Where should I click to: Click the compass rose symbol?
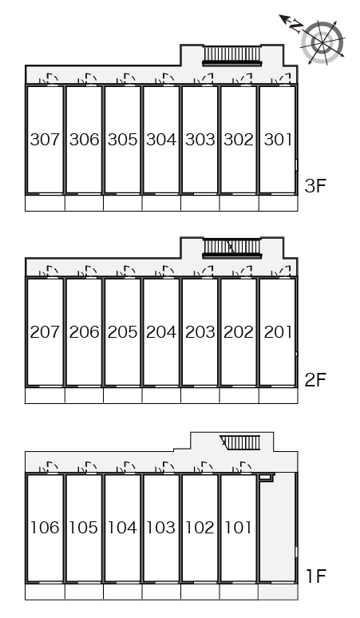coord(322,42)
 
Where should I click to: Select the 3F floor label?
coord(315,185)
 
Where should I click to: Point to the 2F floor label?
coord(315,379)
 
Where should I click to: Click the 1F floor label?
coord(316,576)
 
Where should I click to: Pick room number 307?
coord(45,140)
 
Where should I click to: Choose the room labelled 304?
coord(161,140)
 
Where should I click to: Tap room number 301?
coord(278,140)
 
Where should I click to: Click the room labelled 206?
coord(84,332)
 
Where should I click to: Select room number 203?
coord(200,332)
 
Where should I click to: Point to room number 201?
coord(278,332)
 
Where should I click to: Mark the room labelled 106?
coord(45,527)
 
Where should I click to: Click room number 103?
coord(161,527)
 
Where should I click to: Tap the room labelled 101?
coord(238,527)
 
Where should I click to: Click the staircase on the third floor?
coord(232,55)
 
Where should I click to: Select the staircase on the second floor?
coord(232,248)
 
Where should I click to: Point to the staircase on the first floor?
coord(240,442)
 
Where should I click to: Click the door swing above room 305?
coord(125,78)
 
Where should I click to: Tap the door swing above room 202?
coord(242,271)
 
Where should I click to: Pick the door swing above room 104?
coord(125,466)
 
